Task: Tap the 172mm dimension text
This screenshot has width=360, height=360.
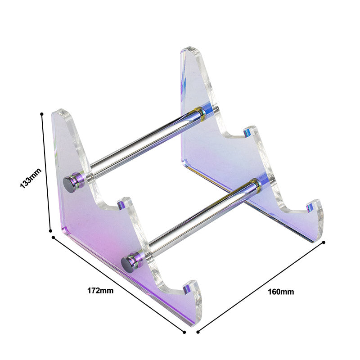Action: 100,290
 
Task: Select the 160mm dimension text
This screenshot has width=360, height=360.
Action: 281,292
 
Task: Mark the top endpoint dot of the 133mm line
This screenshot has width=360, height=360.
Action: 42,114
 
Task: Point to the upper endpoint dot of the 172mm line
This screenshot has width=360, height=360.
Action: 54,237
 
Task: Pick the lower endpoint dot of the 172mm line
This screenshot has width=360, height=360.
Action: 184,332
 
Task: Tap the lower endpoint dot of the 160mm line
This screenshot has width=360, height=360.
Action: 198,332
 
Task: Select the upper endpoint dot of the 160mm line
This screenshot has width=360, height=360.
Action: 324,243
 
